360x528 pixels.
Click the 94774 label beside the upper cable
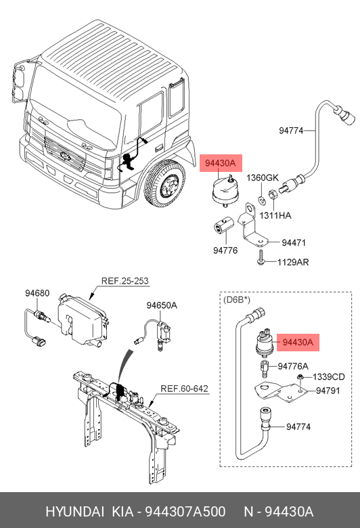(291, 131)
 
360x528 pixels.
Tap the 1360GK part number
(263, 177)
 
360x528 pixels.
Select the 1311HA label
(275, 215)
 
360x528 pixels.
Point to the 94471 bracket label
(294, 242)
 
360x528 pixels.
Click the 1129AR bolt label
(293, 262)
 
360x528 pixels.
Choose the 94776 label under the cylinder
(225, 250)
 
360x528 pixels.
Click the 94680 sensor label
(37, 293)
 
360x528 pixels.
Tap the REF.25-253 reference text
(125, 281)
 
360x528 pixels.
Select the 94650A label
(162, 305)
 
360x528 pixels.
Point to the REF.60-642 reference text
(184, 389)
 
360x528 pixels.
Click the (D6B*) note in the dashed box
(237, 299)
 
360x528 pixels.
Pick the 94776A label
(293, 366)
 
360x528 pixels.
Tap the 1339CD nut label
(329, 377)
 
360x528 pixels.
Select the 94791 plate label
(328, 391)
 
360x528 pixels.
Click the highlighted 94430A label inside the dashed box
(298, 343)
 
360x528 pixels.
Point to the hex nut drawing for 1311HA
(273, 195)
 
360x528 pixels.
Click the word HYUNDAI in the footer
(74, 512)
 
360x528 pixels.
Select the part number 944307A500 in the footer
(185, 512)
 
